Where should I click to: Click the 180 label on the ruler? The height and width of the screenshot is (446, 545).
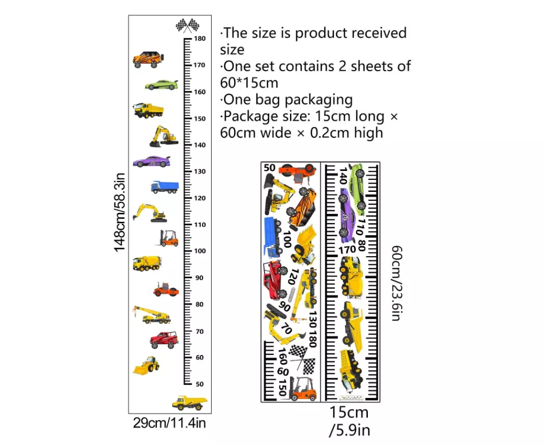click(x=200, y=39)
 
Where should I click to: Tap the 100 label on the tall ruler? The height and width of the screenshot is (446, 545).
click(x=200, y=251)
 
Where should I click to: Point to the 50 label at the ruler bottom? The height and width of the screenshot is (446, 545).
click(x=200, y=384)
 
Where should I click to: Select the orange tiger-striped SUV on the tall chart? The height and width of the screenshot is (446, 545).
click(x=148, y=60)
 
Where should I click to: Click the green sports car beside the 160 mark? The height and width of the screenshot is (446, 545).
click(x=161, y=85)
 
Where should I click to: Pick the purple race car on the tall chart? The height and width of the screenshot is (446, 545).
click(x=152, y=162)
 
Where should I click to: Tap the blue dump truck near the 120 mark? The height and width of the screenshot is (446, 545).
click(x=165, y=187)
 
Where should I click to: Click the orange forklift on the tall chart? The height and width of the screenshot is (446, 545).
click(x=169, y=238)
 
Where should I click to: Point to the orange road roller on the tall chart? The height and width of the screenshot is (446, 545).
click(x=166, y=289)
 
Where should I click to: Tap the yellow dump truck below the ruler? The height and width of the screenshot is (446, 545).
click(x=189, y=402)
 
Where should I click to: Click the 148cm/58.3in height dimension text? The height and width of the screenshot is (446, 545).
click(x=120, y=212)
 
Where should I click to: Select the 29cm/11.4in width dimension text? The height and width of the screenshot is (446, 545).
click(x=169, y=423)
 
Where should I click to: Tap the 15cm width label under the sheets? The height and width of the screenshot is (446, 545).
click(x=349, y=413)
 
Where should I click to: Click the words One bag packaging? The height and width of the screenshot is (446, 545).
click(x=286, y=99)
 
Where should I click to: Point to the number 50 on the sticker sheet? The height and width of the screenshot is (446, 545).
click(x=270, y=168)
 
